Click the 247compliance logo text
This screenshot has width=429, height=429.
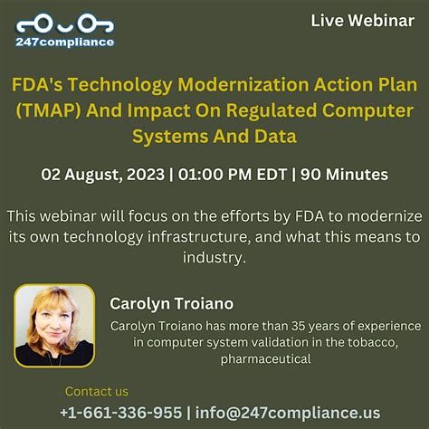pos(65,41)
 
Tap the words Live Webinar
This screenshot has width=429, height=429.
pos(362,20)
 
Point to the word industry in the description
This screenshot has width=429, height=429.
pos(214,257)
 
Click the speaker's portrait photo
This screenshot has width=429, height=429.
pos(53,325)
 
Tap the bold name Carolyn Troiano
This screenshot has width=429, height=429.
pos(171,303)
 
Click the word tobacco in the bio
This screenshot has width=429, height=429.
pos(396,342)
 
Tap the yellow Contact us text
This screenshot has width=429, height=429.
pos(97,391)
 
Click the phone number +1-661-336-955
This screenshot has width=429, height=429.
pos(121,412)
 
